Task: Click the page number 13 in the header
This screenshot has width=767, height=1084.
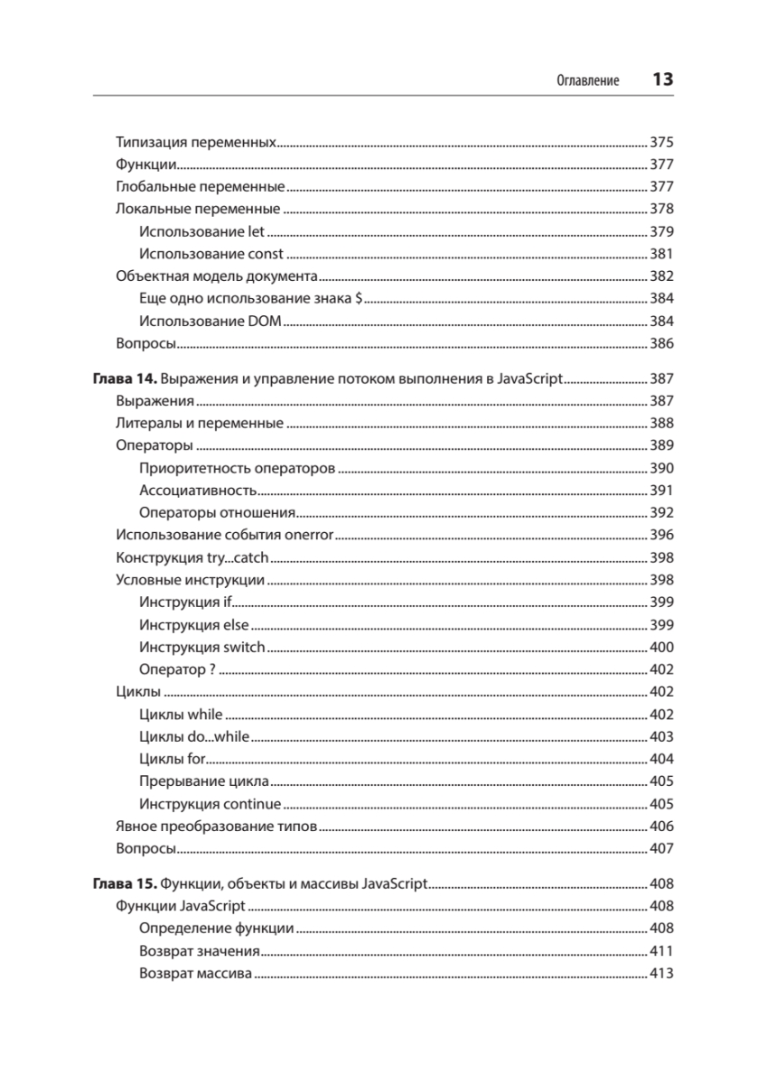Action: tap(662, 79)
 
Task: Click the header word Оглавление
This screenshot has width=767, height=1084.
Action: tap(587, 80)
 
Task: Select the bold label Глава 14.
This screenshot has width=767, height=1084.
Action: tap(124, 379)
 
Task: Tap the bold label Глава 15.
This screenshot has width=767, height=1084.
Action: tap(124, 883)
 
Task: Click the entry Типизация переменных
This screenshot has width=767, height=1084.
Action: tap(196, 143)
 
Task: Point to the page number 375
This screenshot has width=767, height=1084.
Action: tap(661, 143)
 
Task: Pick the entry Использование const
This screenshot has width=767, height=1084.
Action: tap(211, 254)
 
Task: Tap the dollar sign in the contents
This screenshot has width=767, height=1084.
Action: tap(360, 299)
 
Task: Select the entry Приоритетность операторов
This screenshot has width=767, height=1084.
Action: tap(238, 469)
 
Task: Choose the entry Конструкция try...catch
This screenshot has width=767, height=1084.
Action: tap(192, 558)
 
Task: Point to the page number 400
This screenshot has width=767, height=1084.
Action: tap(661, 648)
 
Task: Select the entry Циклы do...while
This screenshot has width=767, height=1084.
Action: tap(194, 737)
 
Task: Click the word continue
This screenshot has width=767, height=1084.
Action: tap(252, 804)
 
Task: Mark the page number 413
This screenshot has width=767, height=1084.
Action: tap(661, 974)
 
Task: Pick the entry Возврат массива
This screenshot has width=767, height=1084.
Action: tap(195, 974)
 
